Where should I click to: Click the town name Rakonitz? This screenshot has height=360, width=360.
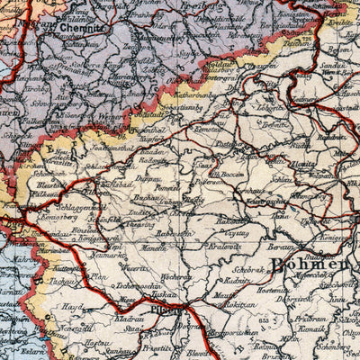tap(231, 219)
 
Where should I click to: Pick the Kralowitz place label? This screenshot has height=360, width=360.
tap(224, 245)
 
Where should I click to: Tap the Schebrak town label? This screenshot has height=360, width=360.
tap(248, 268)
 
